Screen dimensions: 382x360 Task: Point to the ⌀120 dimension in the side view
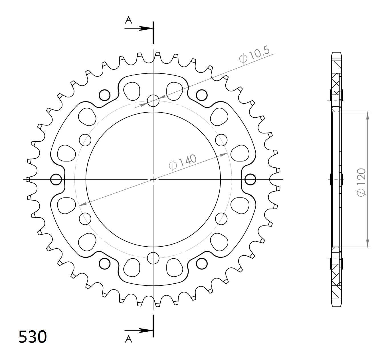point(361,182)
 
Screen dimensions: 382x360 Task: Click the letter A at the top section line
point(128,20)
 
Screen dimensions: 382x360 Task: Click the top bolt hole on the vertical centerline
point(153,101)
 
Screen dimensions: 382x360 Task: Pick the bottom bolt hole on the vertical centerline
point(153,258)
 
